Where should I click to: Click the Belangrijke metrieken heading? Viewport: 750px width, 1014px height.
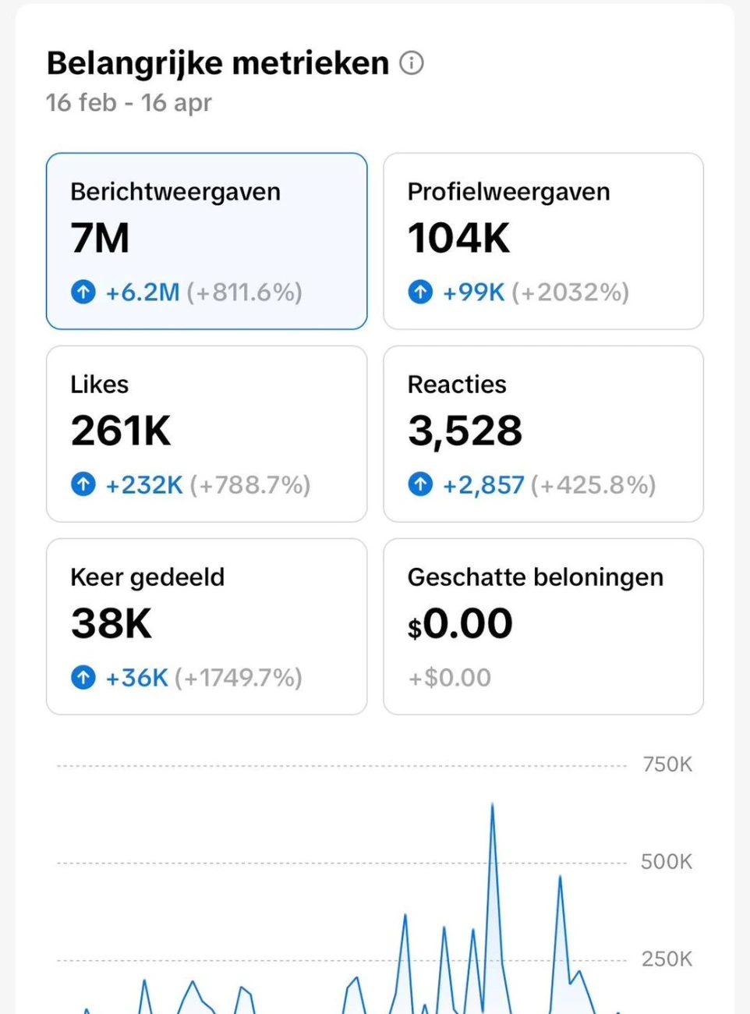point(218,63)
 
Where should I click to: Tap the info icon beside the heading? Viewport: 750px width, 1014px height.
point(412,62)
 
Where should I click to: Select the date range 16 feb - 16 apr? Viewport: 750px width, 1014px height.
point(129,102)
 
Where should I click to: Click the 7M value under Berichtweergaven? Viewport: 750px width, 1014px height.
point(100,239)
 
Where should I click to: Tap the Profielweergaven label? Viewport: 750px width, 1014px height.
point(508,192)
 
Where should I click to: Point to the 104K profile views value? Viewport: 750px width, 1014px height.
point(458,239)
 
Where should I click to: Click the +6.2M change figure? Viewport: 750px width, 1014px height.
point(143,292)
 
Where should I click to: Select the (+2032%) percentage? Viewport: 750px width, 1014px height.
point(571,292)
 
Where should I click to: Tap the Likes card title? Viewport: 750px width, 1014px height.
point(100,385)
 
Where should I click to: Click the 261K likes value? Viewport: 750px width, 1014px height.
point(121,431)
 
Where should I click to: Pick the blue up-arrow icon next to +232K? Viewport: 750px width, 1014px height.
point(83,484)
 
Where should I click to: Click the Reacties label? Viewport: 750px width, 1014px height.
point(457,385)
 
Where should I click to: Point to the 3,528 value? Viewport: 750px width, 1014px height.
point(465,431)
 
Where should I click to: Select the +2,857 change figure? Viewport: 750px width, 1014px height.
point(483,485)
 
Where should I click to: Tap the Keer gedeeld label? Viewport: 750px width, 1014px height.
point(147,577)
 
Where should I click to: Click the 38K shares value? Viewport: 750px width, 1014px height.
point(111,624)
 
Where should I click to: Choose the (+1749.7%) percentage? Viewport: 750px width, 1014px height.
point(239,678)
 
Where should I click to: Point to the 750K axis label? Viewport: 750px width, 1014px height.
point(667,764)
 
